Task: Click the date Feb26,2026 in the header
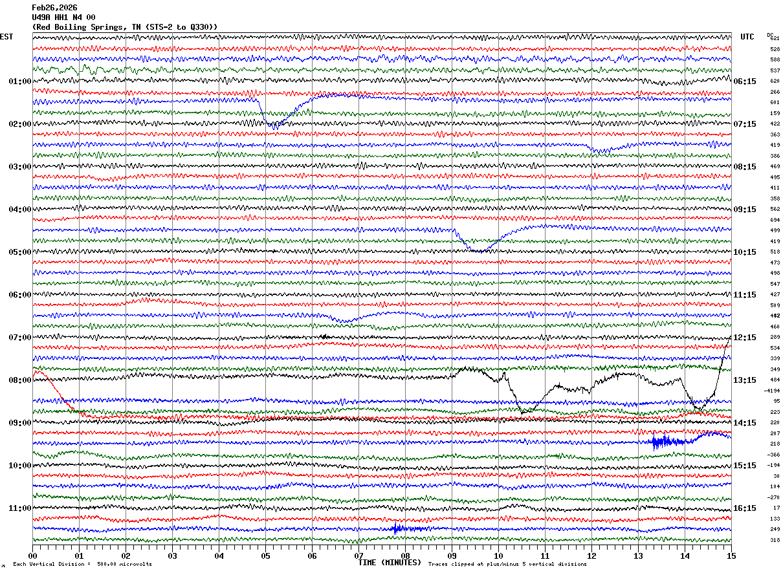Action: tap(54, 8)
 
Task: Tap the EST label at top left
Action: tap(6, 37)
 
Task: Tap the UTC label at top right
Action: tap(747, 37)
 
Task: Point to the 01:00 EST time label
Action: tap(20, 81)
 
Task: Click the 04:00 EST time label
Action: tap(20, 210)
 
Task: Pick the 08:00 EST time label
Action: tap(20, 380)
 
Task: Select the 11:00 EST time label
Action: tap(20, 508)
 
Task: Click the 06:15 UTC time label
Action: tap(745, 81)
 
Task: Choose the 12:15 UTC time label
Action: tap(745, 338)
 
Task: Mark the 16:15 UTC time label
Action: tap(745, 508)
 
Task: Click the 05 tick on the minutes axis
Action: tap(265, 556)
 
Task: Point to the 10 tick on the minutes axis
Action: tap(498, 556)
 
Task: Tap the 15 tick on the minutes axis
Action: tap(731, 556)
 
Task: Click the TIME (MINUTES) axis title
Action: tap(390, 563)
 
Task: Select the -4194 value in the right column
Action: tap(772, 391)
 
